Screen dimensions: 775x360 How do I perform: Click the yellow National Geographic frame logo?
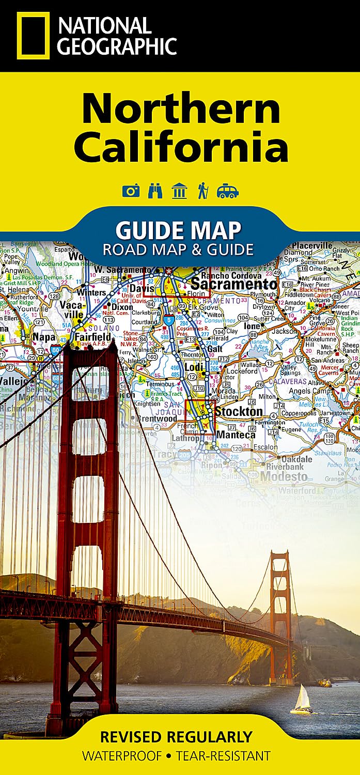[x=33, y=36]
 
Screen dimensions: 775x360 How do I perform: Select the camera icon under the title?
[x=131, y=191]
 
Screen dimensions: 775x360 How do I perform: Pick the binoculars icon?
[x=155, y=191]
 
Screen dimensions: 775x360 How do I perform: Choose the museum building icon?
[x=179, y=191]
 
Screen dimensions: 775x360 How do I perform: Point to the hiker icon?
[x=202, y=191]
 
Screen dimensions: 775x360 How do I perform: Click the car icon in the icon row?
[x=228, y=191]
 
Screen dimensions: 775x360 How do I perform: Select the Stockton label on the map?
[x=239, y=412]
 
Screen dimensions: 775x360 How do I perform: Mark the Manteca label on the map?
[x=236, y=435]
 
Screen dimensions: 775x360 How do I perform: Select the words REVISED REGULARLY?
[x=176, y=736]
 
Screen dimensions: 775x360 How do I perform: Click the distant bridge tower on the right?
[x=280, y=615]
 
